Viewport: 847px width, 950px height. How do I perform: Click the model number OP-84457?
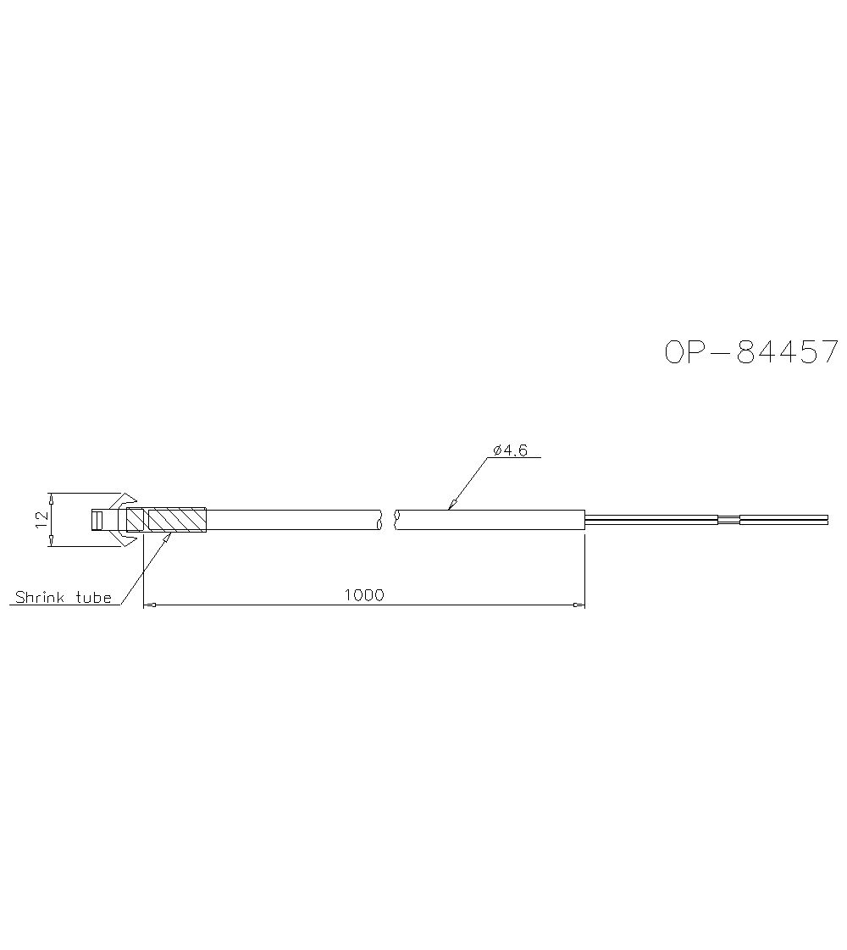click(751, 352)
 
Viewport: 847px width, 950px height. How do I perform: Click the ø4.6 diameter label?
click(511, 450)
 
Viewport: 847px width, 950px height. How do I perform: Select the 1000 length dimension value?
click(364, 595)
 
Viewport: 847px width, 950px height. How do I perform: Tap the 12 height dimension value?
click(42, 520)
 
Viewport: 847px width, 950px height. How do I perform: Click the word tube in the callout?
click(93, 598)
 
